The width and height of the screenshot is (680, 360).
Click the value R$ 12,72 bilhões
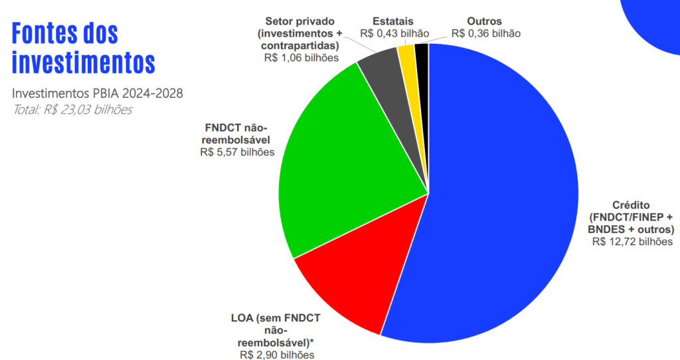[632, 242]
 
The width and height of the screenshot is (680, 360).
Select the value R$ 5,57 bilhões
[236, 152]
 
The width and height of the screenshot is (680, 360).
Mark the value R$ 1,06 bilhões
[301, 58]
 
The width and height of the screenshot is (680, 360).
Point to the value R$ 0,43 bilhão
[394, 33]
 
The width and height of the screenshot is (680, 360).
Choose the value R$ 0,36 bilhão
[485, 33]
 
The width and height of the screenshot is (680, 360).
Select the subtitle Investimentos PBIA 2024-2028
[98, 93]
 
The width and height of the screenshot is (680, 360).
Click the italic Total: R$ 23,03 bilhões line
[72, 109]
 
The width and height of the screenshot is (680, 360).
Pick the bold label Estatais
[394, 21]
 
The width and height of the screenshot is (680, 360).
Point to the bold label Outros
[485, 21]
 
